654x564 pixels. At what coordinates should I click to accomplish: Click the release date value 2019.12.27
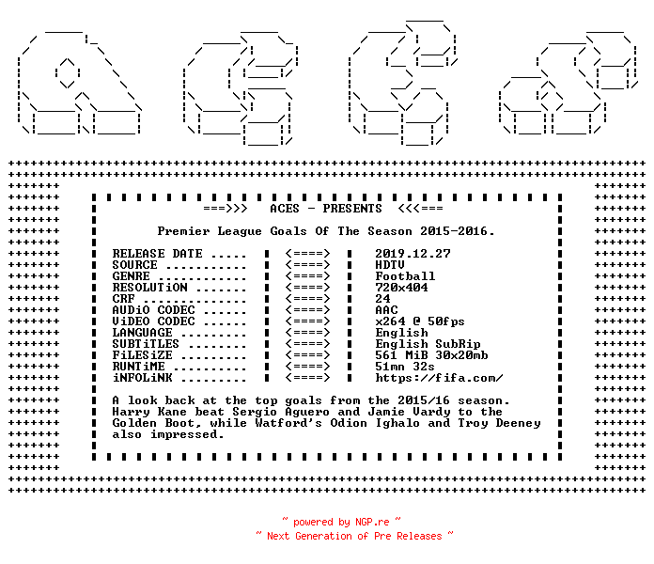(413, 254)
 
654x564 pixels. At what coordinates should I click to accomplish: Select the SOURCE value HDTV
(390, 265)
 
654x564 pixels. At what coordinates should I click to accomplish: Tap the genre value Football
(405, 276)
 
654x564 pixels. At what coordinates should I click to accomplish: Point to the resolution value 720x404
(401, 288)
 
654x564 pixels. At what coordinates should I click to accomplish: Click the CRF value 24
(382, 299)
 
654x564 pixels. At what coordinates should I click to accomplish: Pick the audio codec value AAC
(386, 310)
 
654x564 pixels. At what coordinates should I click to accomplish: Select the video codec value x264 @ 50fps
(420, 321)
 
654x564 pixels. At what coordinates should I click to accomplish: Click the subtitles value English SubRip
(428, 344)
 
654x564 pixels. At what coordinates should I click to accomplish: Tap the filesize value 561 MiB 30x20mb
(431, 355)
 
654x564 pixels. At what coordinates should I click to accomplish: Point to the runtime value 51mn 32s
(405, 367)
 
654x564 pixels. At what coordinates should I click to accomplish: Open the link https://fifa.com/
(439, 378)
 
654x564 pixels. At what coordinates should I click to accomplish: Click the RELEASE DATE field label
(157, 254)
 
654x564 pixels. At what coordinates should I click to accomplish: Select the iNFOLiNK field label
(142, 378)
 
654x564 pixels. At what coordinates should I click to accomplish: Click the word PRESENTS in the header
(352, 209)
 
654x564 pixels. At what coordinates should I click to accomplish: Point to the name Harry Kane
(149, 412)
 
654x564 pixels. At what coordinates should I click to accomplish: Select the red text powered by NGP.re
(341, 522)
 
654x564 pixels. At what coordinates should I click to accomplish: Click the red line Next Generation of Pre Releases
(354, 536)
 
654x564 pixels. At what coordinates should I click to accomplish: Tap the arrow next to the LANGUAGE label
(308, 333)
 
